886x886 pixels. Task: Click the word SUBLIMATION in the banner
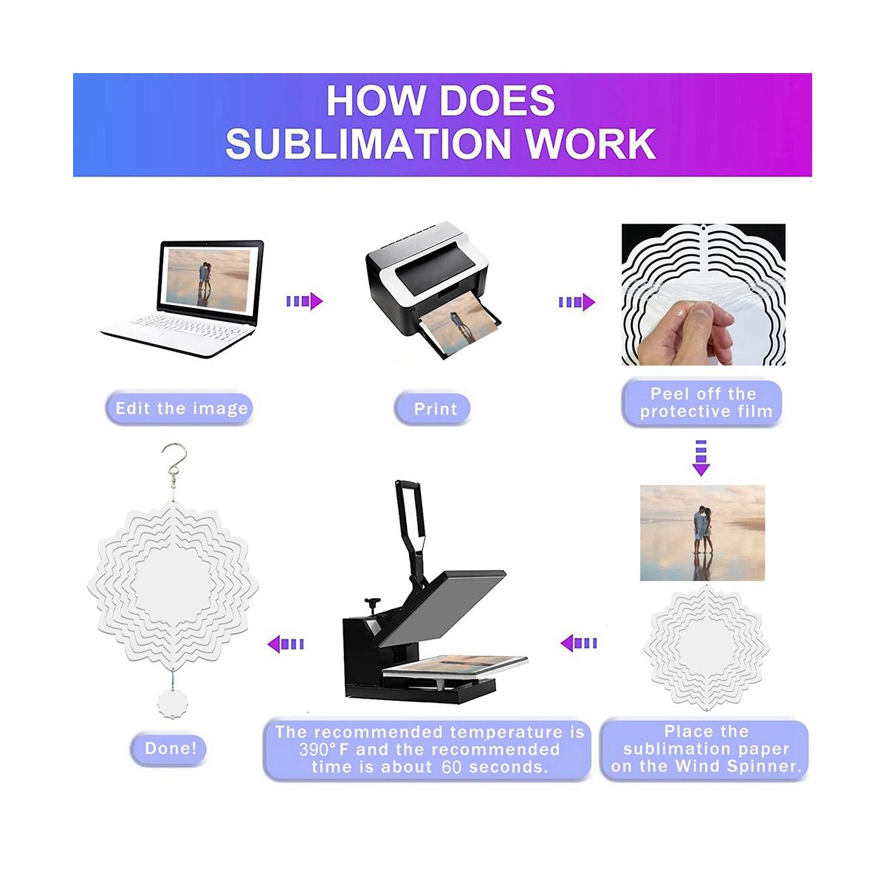tap(368, 143)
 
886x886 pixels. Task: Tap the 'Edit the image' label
tap(182, 408)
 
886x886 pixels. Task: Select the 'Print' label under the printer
tap(436, 409)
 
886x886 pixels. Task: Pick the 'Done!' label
tap(171, 748)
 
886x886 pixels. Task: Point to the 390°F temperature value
tap(323, 749)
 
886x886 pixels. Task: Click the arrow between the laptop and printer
tap(304, 301)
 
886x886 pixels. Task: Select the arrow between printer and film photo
tap(577, 302)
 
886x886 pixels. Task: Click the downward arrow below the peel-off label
tap(701, 458)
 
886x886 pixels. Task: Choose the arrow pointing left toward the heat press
tap(579, 643)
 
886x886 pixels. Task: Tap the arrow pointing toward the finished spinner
tap(286, 644)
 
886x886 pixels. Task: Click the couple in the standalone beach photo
tap(703, 529)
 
